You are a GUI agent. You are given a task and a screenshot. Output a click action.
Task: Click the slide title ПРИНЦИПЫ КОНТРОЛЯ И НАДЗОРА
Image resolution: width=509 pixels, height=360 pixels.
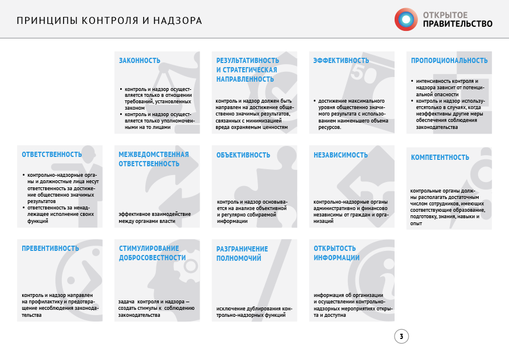[x=109, y=21]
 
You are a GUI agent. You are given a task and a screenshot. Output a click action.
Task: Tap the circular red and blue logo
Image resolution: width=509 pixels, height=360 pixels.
[x=406, y=19]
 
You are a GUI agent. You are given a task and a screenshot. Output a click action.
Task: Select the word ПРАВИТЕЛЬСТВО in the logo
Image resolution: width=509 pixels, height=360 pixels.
[x=457, y=24]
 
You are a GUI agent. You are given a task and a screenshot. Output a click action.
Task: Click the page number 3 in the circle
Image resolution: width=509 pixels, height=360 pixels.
[x=401, y=337]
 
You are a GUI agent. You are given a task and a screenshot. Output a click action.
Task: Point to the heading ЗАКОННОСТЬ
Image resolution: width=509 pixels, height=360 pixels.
[x=140, y=61]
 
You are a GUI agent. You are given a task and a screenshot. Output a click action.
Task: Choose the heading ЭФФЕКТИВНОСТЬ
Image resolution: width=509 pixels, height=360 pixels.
[x=341, y=61]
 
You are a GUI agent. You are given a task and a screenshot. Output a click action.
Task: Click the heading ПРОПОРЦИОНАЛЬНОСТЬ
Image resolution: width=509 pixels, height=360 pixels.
[x=449, y=61]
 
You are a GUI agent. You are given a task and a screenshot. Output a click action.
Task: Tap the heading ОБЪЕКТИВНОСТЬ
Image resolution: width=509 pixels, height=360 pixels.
[x=243, y=155]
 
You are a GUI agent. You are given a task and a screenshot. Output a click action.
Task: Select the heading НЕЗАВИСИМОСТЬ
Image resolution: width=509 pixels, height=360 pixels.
[x=340, y=155]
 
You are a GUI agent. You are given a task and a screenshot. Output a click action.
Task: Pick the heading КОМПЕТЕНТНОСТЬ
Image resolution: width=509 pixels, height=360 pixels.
[x=440, y=158]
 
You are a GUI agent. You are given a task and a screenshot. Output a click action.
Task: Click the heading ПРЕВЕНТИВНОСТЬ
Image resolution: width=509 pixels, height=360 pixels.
[x=50, y=249]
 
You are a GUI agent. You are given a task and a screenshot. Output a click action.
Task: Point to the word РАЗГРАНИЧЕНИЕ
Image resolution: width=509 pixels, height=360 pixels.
[x=242, y=249]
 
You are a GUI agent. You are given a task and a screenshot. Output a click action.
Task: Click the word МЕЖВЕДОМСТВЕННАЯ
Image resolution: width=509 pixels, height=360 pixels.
[x=154, y=155]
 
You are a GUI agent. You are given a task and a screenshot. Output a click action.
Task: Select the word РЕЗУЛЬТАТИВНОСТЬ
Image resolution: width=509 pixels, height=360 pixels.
[x=247, y=61]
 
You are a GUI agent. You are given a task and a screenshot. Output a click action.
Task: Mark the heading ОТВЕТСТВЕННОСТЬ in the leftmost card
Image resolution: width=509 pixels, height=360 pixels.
[x=51, y=155]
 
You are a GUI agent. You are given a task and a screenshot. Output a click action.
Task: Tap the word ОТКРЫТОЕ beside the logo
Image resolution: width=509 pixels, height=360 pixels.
[x=444, y=13]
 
